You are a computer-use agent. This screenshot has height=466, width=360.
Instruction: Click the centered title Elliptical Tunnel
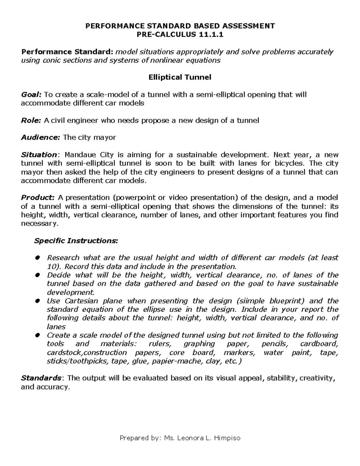[180, 77]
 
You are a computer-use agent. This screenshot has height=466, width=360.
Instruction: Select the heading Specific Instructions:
[76, 241]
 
